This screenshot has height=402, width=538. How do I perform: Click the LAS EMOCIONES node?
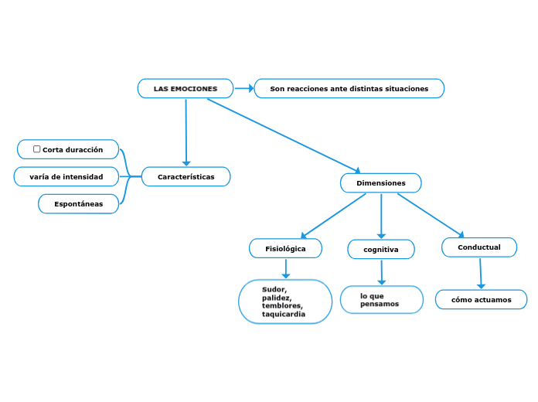(x=186, y=89)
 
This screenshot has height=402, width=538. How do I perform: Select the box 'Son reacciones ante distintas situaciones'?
(x=349, y=89)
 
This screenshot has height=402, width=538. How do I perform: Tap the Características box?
(x=186, y=177)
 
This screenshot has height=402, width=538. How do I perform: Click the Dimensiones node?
(x=380, y=183)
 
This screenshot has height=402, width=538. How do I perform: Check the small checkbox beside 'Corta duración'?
(x=37, y=149)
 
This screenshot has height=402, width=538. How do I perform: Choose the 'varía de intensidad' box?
(x=66, y=177)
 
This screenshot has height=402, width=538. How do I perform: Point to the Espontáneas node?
(x=78, y=204)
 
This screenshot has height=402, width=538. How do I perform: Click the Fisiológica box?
(x=285, y=249)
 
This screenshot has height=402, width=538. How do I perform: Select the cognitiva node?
(x=381, y=250)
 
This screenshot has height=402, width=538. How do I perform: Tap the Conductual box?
(x=479, y=247)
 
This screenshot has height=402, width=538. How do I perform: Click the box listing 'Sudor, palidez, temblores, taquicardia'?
(x=285, y=301)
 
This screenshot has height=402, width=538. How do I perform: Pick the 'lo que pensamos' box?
(x=382, y=300)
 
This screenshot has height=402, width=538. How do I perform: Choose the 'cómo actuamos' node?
(x=481, y=300)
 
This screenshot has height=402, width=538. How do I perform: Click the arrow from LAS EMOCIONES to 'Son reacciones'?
(x=244, y=88)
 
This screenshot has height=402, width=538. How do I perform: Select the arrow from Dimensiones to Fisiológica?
(x=332, y=216)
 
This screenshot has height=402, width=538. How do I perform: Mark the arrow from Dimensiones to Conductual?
(x=431, y=215)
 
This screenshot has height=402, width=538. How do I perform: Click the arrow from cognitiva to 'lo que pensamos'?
(x=382, y=272)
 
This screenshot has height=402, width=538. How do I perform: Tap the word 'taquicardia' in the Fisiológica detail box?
(x=284, y=315)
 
